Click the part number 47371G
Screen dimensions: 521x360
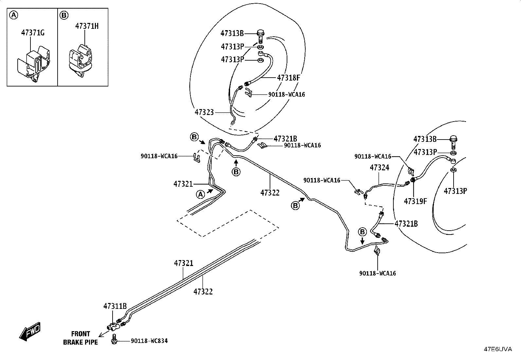[x=33, y=33]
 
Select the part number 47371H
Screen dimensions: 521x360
[x=87, y=26]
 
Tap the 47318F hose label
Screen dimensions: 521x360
[x=288, y=78]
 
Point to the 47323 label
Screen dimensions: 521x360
[x=204, y=112]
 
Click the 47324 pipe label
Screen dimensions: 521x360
[x=379, y=167]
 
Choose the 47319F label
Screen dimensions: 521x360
[x=415, y=201]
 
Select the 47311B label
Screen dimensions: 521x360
[x=115, y=306]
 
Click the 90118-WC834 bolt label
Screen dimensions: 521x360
[x=149, y=341]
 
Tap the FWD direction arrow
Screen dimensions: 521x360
[x=30, y=332]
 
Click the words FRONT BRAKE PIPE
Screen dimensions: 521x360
[x=81, y=338]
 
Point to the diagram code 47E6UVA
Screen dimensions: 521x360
[x=498, y=349]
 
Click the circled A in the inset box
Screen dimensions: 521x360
[x=13, y=15]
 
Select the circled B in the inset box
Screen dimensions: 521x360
[x=64, y=15]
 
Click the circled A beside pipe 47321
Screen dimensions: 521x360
[x=201, y=194]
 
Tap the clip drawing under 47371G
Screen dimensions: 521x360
[x=34, y=64]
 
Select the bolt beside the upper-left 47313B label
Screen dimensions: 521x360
[x=261, y=36]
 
